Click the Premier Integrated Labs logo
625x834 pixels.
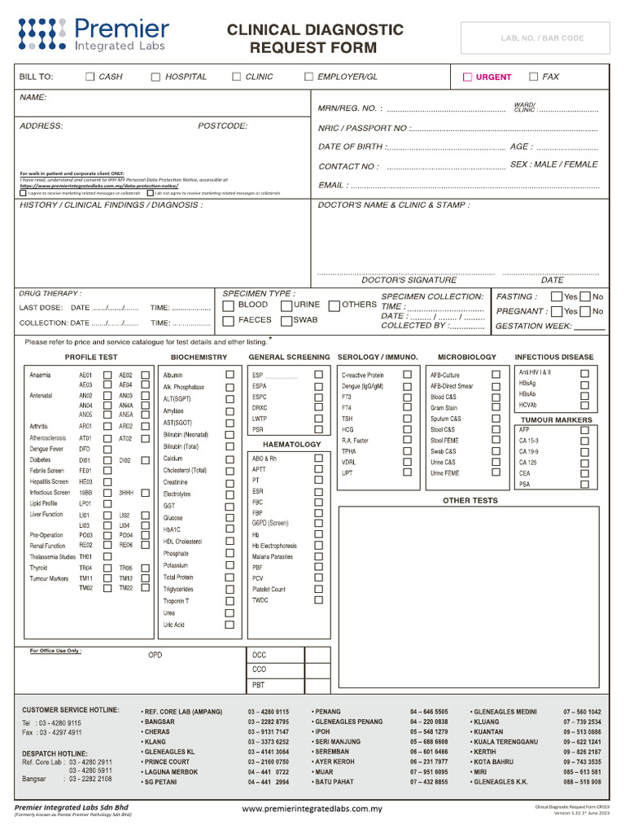pos(94,35)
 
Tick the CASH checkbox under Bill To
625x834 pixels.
pos(90,77)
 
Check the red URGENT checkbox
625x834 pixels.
pos(467,77)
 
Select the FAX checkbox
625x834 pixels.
pos(534,77)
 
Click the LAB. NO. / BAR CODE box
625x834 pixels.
pos(535,38)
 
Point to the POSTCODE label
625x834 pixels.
pos(222,126)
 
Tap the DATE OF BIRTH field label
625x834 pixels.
pos(350,147)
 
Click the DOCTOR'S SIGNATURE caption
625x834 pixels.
pos(409,280)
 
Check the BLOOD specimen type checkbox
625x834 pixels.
pos(229,305)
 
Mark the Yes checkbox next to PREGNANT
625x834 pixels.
pos(557,311)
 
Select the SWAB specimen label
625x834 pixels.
pos(305,321)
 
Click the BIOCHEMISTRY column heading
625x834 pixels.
pos(199,358)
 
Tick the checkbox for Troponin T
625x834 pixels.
pos(229,601)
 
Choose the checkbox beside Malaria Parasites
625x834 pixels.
pos(318,556)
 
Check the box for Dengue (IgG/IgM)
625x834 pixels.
pos(406,386)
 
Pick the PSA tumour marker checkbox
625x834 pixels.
pos(584,484)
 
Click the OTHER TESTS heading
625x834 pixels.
pos(470,501)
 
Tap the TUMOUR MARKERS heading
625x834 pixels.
pos(557,420)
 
